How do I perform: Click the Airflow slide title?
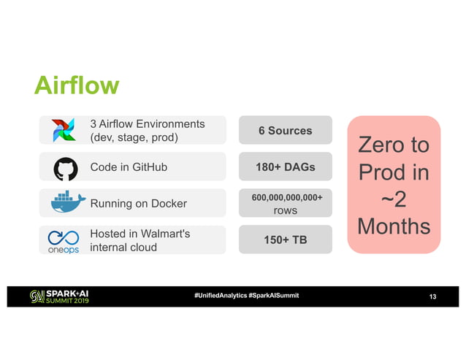point(76,85)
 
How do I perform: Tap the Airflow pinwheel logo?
point(64,131)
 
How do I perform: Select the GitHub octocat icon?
point(64,167)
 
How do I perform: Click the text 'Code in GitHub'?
point(129,167)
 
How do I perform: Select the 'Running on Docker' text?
point(138,204)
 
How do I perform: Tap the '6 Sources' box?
point(285,131)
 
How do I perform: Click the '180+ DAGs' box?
point(285,167)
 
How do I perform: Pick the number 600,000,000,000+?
point(285,197)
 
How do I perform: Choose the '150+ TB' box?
point(285,240)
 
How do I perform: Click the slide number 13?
point(432,296)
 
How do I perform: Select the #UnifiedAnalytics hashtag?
point(220,296)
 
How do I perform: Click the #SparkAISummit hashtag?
point(273,296)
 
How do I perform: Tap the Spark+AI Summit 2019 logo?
point(58,296)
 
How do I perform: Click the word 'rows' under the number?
point(285,210)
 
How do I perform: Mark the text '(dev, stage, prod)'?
point(134,137)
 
